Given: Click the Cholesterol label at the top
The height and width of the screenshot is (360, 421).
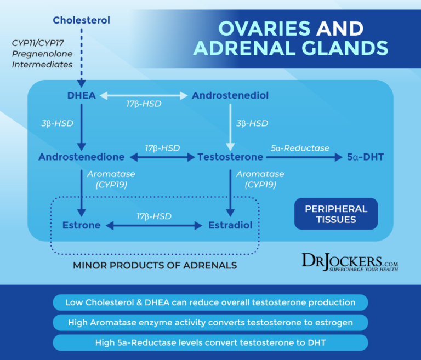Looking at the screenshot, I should (81, 20).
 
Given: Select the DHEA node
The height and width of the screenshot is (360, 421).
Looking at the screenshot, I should (81, 95).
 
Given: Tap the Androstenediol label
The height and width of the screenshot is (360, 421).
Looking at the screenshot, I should (230, 95).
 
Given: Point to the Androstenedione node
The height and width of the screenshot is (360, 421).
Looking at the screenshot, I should (81, 157).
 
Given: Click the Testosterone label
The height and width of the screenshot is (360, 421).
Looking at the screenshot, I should (230, 157).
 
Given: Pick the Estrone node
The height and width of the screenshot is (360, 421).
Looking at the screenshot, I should (81, 225).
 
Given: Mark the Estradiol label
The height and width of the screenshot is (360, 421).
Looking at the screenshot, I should (230, 225).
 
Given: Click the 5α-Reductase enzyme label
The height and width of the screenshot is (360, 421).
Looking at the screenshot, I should (300, 148).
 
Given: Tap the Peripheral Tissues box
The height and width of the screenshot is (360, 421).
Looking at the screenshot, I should (336, 214).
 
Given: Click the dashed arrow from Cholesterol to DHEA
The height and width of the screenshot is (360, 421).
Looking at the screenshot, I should (81, 55).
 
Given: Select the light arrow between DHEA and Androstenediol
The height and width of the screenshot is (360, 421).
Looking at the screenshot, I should (144, 95).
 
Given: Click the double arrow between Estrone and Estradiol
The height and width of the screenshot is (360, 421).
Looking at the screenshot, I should (154, 225).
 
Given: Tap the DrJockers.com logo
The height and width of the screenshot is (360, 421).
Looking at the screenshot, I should (350, 262).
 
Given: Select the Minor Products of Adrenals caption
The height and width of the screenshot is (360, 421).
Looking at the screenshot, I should (155, 265).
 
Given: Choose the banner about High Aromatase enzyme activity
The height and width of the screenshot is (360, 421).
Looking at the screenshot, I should (210, 323).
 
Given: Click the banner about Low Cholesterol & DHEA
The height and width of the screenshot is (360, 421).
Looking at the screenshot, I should (210, 302).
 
